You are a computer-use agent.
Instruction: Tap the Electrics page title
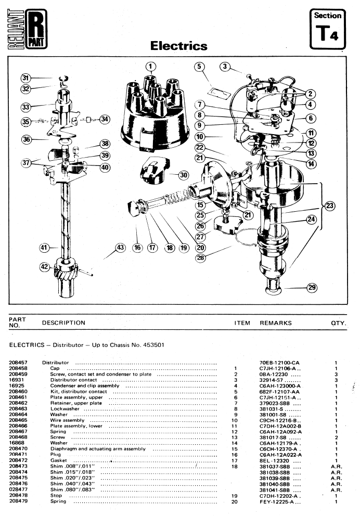(x=178, y=46)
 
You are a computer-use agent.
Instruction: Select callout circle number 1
(x=150, y=66)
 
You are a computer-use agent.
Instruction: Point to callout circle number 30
(x=183, y=175)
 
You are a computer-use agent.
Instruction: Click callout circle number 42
(x=45, y=266)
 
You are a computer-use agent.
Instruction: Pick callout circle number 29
(x=312, y=287)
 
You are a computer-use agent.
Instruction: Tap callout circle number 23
(x=330, y=205)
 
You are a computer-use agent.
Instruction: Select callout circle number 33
(x=25, y=107)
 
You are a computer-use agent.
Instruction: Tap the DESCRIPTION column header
(x=63, y=322)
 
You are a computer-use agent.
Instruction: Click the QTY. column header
(x=339, y=322)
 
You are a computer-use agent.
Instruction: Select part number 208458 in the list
(x=18, y=368)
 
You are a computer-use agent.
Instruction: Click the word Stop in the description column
(x=55, y=496)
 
